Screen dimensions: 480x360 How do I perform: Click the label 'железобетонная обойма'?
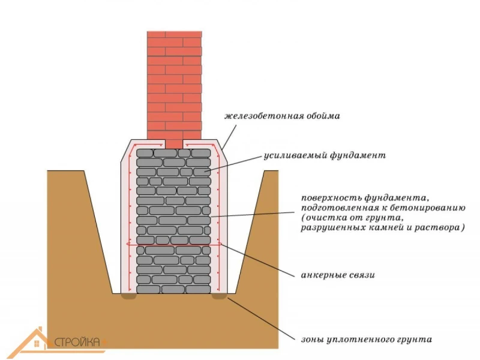pos(282,116)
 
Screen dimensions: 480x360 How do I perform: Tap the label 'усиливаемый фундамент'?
pos(325,155)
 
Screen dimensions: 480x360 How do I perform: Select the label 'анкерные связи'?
pos(338,275)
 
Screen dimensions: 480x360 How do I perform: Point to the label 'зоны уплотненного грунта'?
pos(367,340)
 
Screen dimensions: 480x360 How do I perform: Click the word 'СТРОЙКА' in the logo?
pos(77,341)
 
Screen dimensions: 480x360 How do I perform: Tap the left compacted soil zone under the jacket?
pos(128,296)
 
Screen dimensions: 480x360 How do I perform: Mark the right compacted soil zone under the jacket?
pos(219,296)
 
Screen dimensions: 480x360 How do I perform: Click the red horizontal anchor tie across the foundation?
pos(174,244)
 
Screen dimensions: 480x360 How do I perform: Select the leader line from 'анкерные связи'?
pos(257,260)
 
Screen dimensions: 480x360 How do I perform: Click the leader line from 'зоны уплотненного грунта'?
pos(261,319)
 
